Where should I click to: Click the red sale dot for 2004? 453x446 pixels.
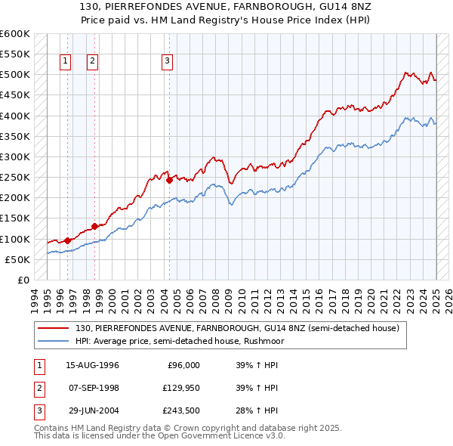(x=169, y=180)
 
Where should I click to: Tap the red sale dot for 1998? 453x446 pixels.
(x=94, y=226)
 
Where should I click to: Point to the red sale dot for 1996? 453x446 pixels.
(x=67, y=240)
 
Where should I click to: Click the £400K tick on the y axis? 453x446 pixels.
(x=16, y=116)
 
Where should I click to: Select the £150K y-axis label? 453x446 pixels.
(x=16, y=218)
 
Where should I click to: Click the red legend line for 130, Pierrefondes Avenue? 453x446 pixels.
(x=54, y=329)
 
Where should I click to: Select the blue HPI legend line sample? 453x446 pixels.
(x=54, y=341)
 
